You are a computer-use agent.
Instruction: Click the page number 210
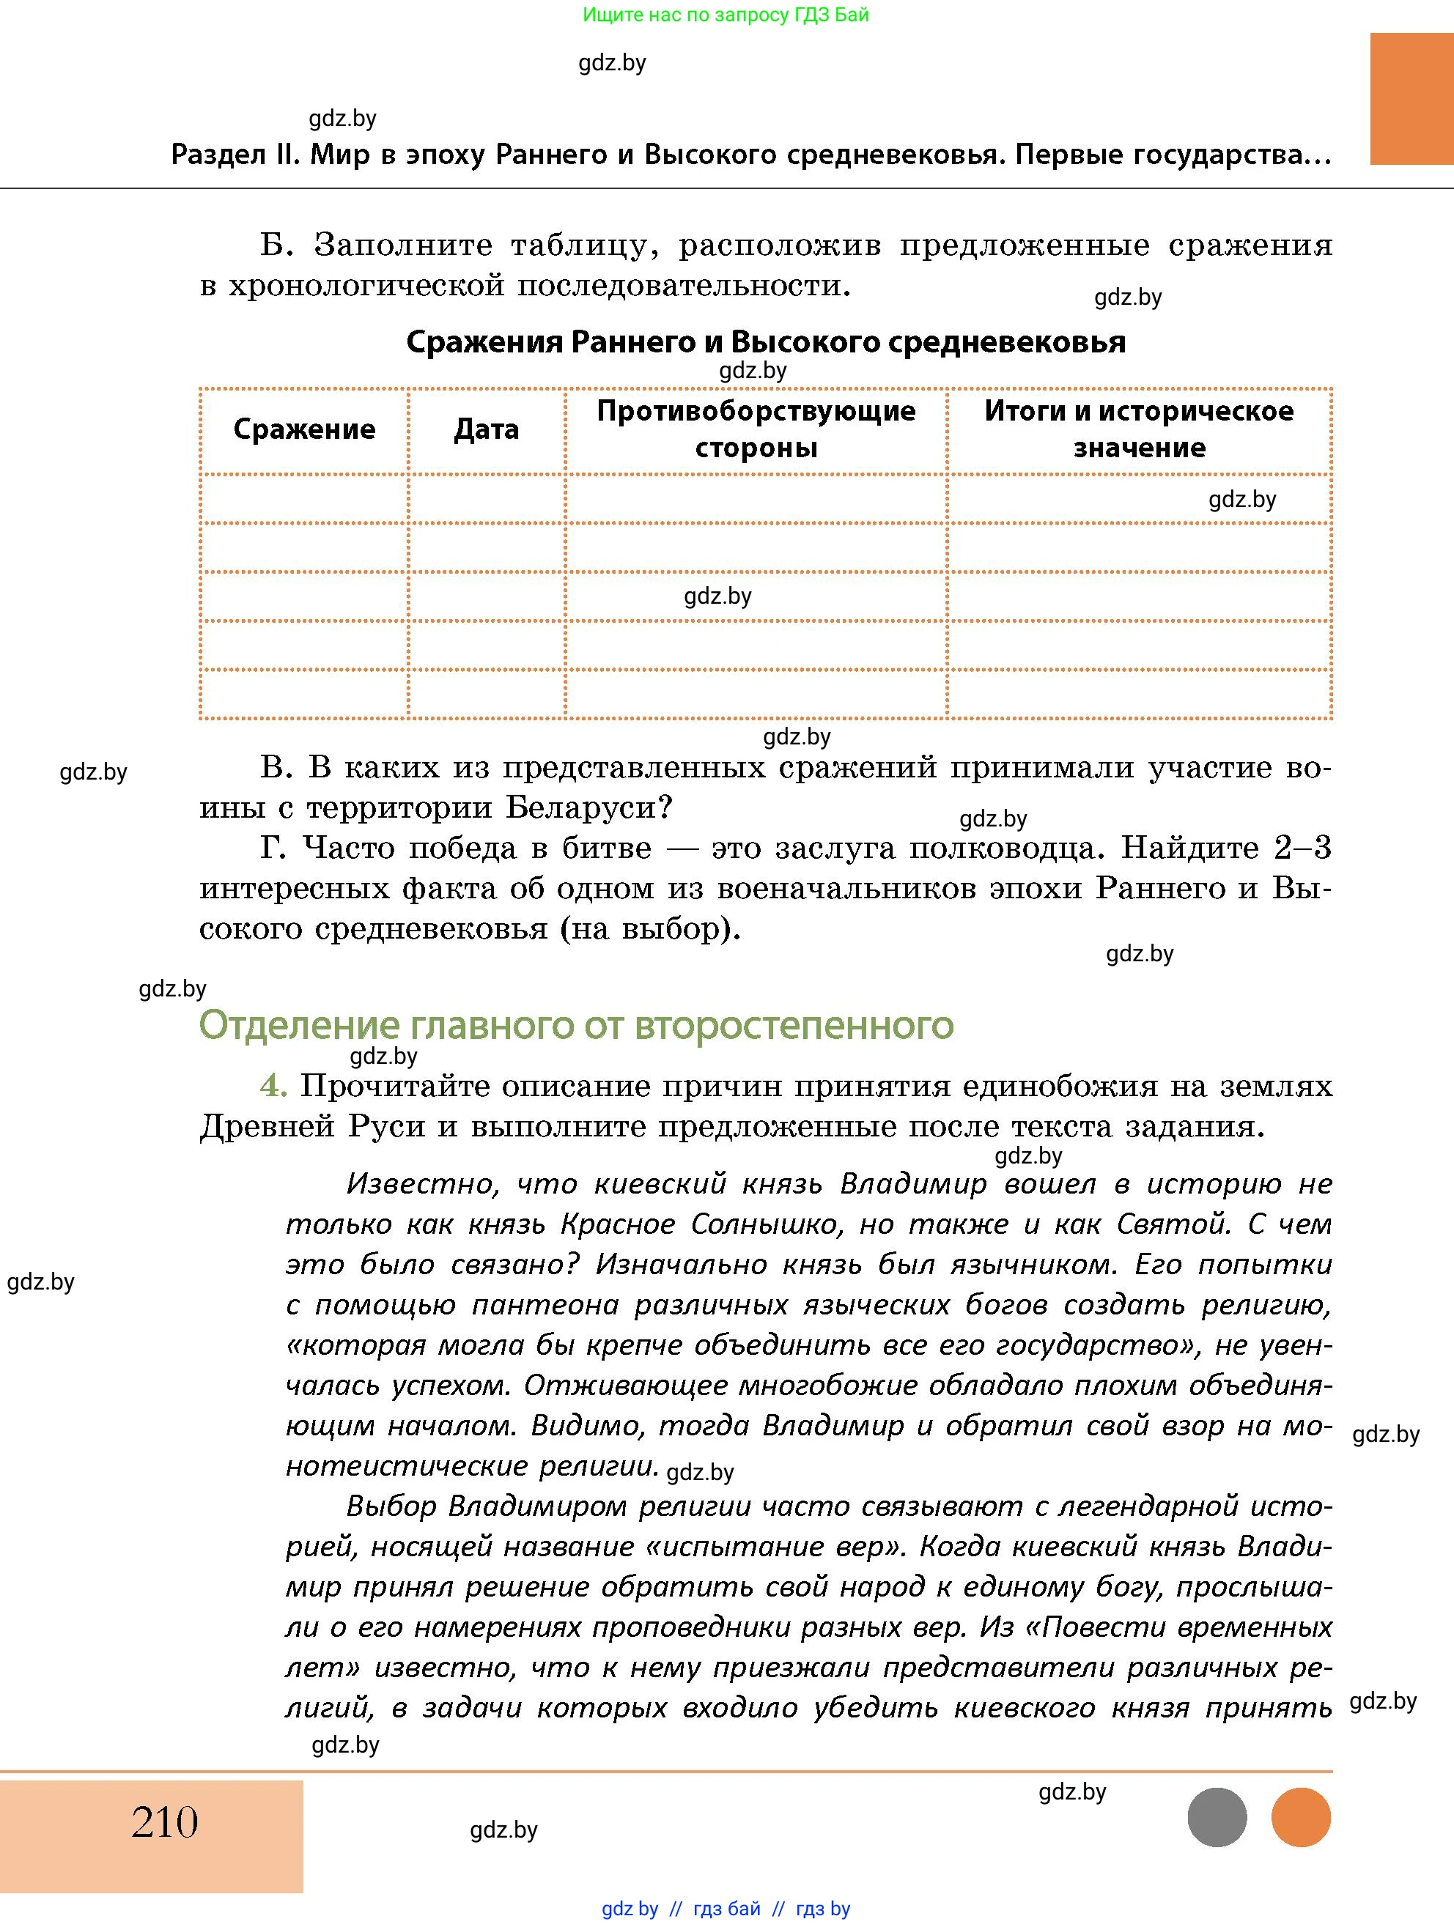tap(165, 1822)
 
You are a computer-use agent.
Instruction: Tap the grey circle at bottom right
tap(1217, 1817)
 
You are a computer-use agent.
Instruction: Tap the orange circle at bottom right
tap(1301, 1817)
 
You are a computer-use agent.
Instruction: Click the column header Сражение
tap(304, 429)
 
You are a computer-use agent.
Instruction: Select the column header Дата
tap(486, 429)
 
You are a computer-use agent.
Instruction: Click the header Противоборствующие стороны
tap(756, 429)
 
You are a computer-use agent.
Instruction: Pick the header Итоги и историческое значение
tap(1139, 429)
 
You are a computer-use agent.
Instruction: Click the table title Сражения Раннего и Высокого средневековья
tap(766, 341)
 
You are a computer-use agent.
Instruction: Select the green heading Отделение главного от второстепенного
tap(576, 1025)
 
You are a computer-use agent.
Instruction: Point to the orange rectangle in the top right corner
tap(1411, 98)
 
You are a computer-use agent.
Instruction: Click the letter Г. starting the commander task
tap(273, 848)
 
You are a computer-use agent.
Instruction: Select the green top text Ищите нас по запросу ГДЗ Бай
tap(726, 15)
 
